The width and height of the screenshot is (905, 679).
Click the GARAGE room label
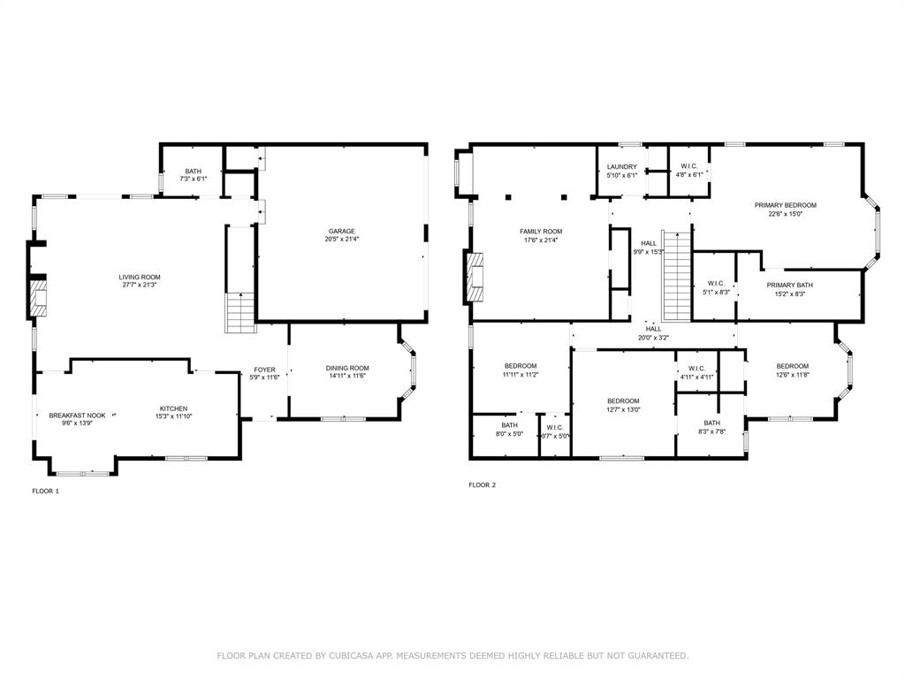coord(340,232)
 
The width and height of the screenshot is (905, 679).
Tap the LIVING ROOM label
coord(140,278)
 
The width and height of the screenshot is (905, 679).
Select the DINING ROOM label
coord(347,369)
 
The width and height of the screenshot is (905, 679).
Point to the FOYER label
coord(265,370)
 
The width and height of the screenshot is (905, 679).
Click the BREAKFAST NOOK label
coord(77,415)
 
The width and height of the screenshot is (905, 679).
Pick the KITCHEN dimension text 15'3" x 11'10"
coord(173,416)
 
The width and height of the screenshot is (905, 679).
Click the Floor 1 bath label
coord(193,172)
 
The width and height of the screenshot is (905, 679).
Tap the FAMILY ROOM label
coord(541,232)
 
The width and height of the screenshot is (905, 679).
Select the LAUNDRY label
coord(622,166)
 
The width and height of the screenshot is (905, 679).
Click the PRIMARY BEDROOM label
coord(786,205)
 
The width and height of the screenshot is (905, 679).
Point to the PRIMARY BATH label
coord(790,285)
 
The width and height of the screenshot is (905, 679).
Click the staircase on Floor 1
coord(240,313)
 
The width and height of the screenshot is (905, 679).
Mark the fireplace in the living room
coord(37,298)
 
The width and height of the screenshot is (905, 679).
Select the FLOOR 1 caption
coord(45,491)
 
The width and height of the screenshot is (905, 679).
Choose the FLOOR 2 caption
coord(482,484)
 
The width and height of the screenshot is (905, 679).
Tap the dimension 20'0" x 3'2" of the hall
coord(654,338)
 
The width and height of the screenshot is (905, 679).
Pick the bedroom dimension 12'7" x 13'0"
coord(623,409)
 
